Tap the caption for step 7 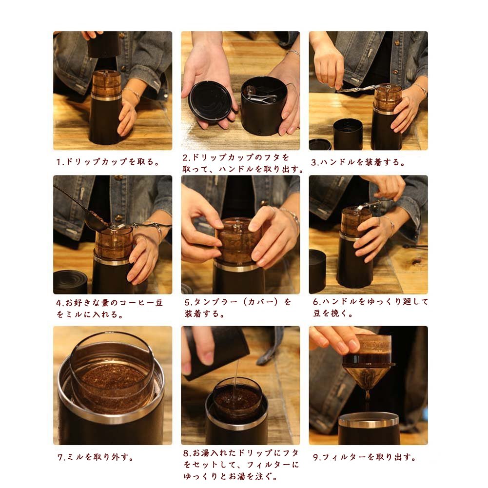tap(96, 457)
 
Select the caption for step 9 tap(364, 457)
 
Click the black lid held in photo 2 tap(211, 102)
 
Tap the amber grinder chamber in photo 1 tap(106, 83)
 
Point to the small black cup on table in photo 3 tap(348, 134)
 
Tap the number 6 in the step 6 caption tap(316, 302)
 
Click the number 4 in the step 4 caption tap(59, 303)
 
